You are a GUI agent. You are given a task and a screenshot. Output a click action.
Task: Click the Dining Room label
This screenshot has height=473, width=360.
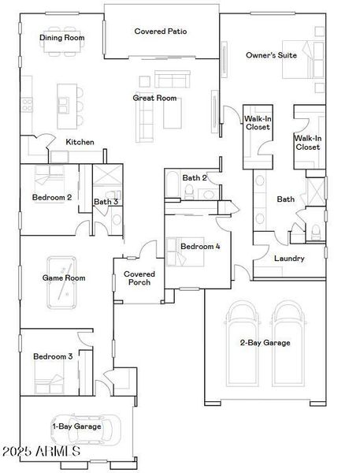(x=62, y=37)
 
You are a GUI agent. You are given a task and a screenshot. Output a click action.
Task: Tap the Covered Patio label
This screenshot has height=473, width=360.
(x=161, y=32)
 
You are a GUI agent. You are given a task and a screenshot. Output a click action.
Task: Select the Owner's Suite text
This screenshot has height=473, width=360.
(x=272, y=56)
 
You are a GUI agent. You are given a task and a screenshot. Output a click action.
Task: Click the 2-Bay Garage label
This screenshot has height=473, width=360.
(x=265, y=342)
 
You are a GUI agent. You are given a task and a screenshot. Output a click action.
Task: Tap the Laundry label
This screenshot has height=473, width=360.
(x=288, y=259)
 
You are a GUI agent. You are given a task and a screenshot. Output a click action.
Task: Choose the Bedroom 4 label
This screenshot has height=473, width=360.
(x=200, y=247)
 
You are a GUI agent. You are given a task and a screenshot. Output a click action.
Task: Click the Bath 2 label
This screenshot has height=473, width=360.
(x=195, y=178)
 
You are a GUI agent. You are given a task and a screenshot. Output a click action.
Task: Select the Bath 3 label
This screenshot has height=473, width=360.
(x=106, y=202)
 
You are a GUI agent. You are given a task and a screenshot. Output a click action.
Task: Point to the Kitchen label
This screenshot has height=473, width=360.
(x=80, y=142)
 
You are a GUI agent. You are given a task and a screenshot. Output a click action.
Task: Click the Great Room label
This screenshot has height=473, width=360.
(x=154, y=99)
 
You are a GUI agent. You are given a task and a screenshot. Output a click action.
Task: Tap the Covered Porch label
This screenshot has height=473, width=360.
(x=139, y=278)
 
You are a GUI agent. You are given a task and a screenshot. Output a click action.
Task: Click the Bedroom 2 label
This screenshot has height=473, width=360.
(x=52, y=197)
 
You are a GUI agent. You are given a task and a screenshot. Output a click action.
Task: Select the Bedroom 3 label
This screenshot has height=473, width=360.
(x=53, y=356)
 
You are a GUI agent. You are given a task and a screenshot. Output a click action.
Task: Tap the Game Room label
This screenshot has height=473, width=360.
(x=64, y=277)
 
